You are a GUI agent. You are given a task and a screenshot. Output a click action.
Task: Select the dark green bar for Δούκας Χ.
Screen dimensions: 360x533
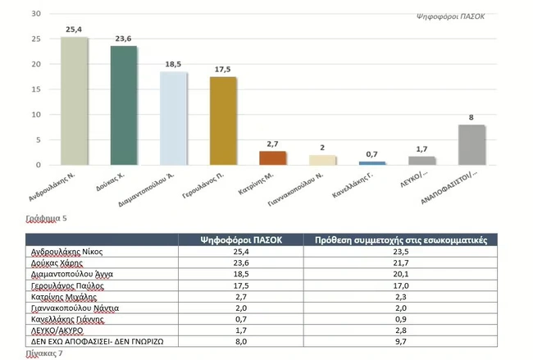124,106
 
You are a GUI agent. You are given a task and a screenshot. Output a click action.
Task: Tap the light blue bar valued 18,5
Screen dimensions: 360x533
173,118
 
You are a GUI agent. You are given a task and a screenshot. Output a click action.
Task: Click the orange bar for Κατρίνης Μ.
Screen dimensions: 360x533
272,157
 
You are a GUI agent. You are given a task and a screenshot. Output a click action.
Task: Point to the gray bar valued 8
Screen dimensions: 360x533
471,144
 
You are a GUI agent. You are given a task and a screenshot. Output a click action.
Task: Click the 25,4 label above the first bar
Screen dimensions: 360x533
75,30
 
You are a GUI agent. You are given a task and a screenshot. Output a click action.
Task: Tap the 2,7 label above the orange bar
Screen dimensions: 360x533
273,144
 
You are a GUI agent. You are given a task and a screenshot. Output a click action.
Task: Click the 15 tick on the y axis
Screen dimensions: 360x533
35,89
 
